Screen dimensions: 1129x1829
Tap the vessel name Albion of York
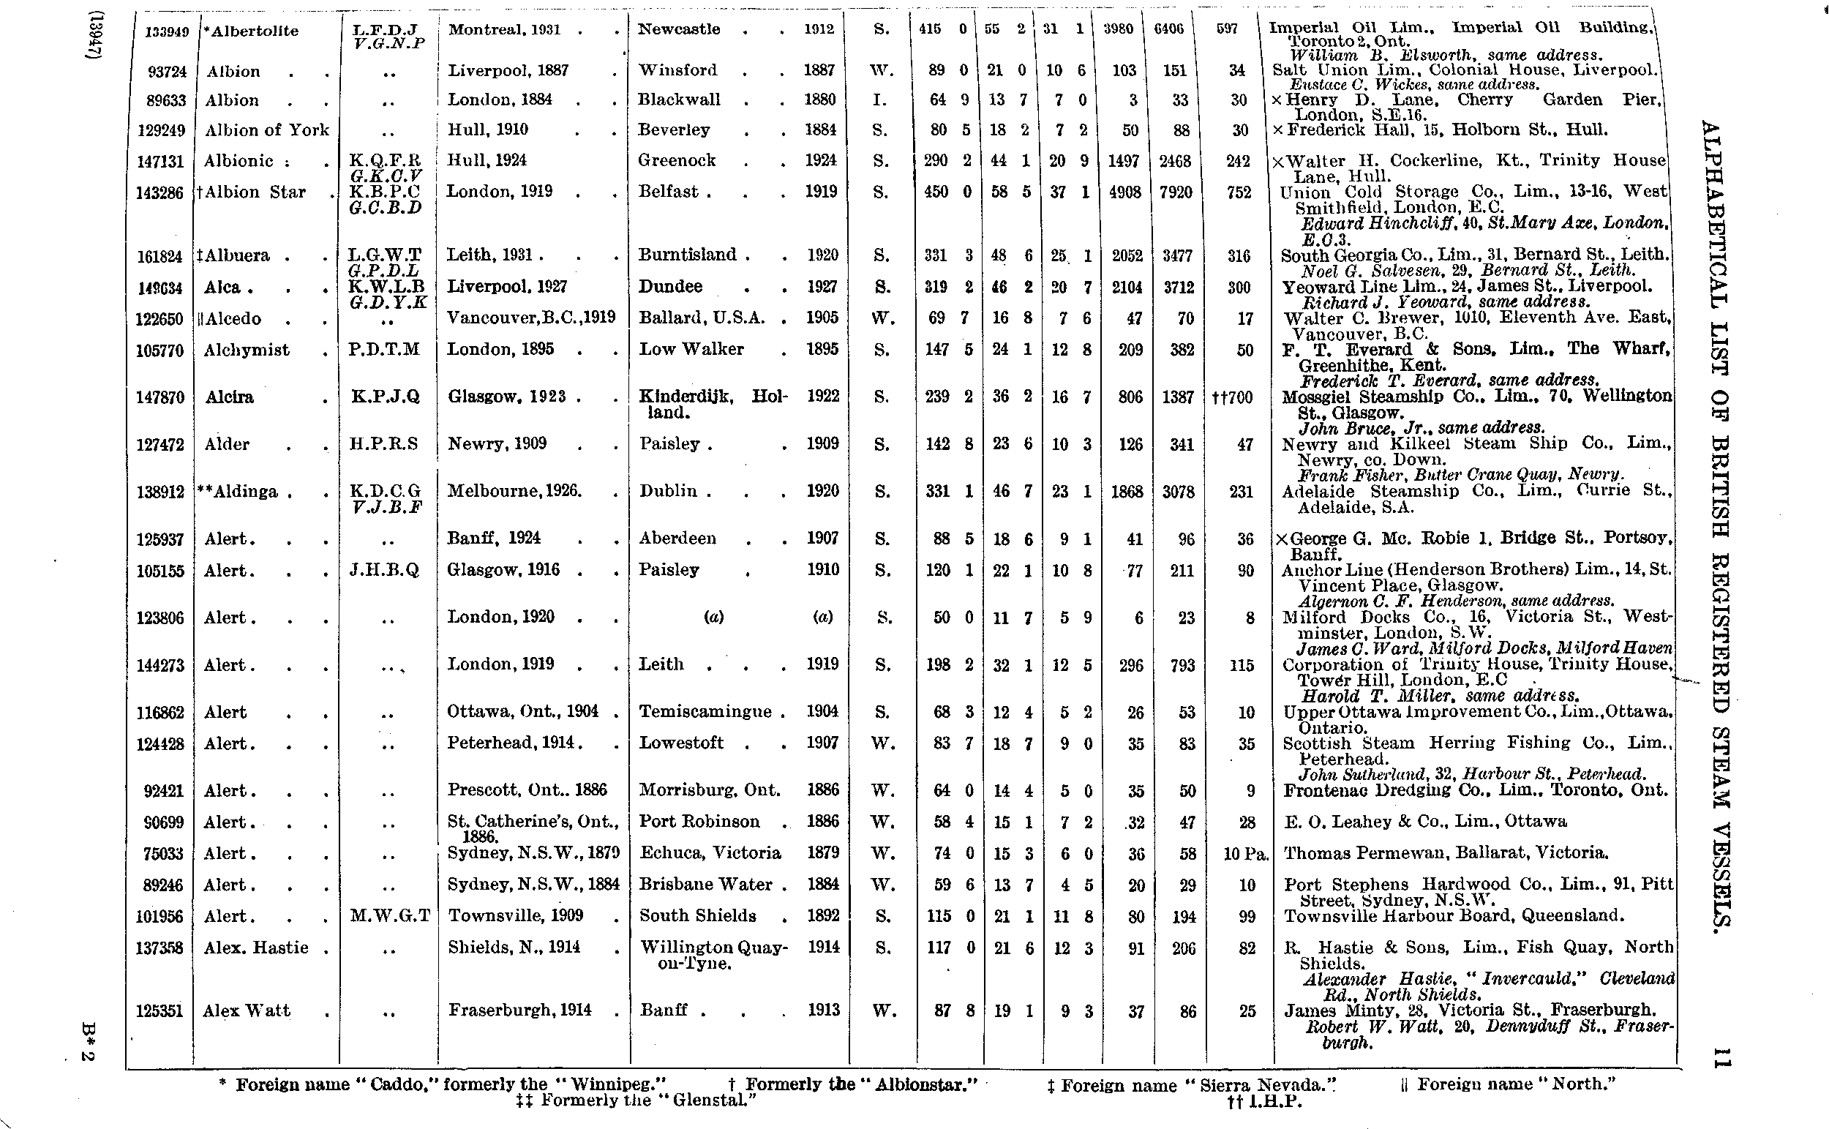266,130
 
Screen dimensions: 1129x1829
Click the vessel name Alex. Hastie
256,948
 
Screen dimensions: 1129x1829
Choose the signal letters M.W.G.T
390,916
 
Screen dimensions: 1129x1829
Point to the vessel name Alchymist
247,350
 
